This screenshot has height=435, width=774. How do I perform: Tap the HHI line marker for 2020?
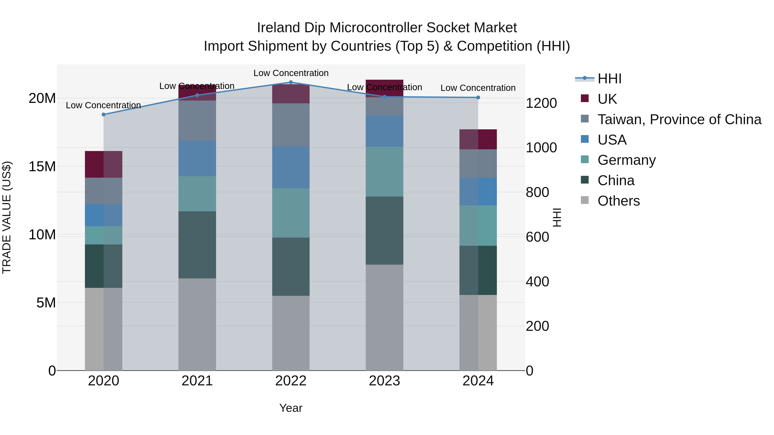coord(104,114)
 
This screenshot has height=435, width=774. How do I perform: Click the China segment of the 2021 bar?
coord(197,245)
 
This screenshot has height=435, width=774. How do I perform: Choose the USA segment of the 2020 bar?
coord(104,215)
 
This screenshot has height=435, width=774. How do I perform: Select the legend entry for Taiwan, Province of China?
coord(679,119)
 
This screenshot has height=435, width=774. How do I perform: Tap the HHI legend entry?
coord(609,79)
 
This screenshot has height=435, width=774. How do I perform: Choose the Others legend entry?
coord(618,201)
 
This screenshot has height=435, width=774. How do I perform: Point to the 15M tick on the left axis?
coord(42,166)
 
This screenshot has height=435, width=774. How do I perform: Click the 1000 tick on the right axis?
coord(541,147)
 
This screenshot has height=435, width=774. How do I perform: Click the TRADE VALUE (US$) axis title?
coord(7,217)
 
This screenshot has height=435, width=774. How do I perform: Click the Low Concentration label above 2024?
coord(478,88)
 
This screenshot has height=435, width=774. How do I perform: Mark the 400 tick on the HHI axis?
coord(537,282)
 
